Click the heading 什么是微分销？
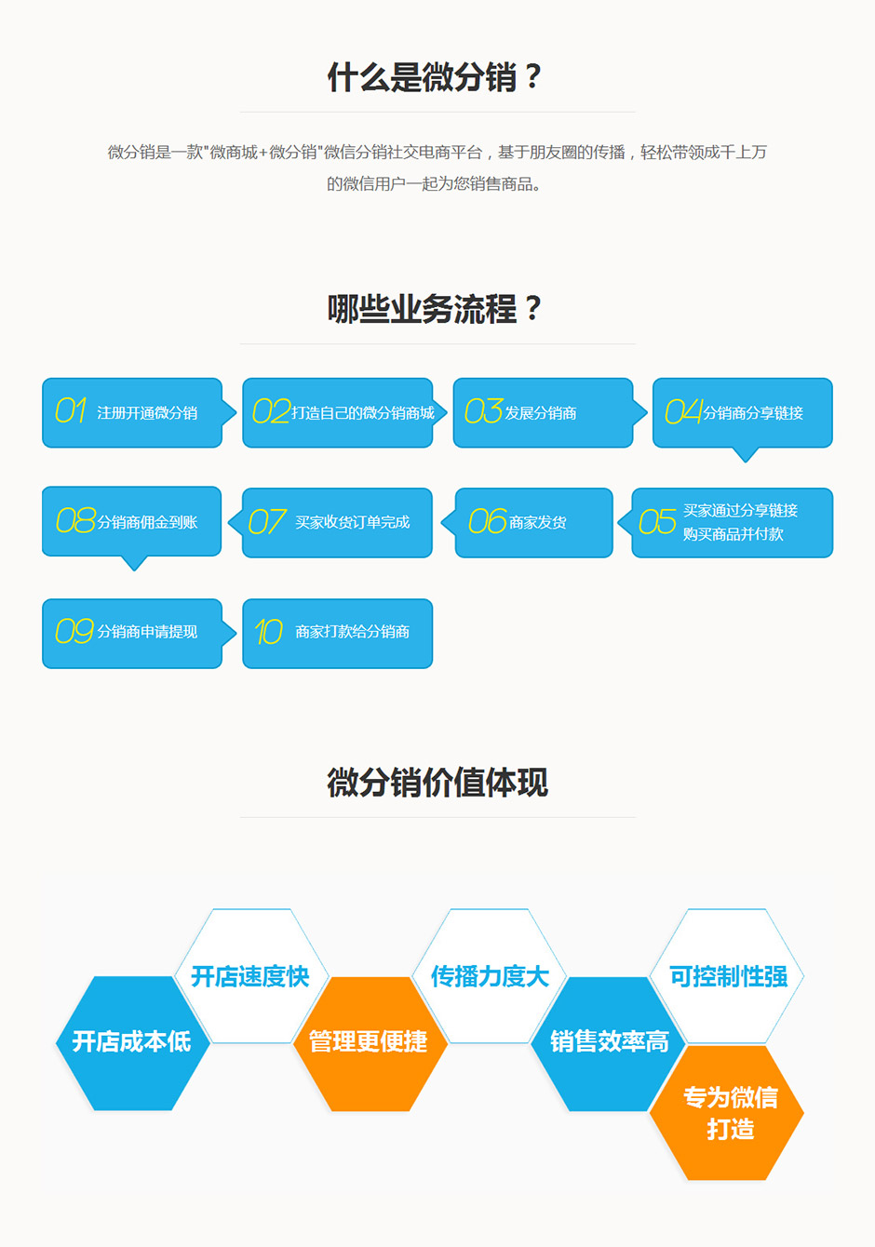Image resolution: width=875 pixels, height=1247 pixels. point(436,77)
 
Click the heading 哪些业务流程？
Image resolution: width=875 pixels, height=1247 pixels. point(436,309)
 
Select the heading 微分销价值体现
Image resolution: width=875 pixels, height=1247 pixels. point(437,783)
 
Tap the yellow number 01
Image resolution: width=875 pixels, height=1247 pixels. point(71,411)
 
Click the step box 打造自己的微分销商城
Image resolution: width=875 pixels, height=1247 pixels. point(338,412)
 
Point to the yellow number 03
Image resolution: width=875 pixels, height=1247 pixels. point(483,411)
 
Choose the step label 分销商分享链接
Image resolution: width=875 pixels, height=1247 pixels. point(753,413)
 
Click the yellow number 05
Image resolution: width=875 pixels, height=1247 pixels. point(657,522)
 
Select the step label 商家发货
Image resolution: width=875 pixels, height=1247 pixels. point(538,523)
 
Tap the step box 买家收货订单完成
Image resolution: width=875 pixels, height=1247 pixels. point(337,523)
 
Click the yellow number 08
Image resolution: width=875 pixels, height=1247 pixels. point(75,521)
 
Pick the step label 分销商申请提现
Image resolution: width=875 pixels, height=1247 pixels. point(147,632)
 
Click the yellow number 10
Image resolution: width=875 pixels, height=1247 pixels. point(268,633)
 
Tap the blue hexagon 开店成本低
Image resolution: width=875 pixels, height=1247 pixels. point(131,1042)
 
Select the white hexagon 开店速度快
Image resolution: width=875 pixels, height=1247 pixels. point(250,976)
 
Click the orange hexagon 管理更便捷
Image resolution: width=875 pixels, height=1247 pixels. point(369,1042)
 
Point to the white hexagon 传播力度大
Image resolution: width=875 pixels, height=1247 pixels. point(490,976)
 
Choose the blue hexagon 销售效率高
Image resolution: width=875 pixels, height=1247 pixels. point(609,1042)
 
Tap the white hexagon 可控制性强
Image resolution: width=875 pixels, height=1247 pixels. point(728,976)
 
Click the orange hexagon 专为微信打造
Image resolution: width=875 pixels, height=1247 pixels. point(729,1113)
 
